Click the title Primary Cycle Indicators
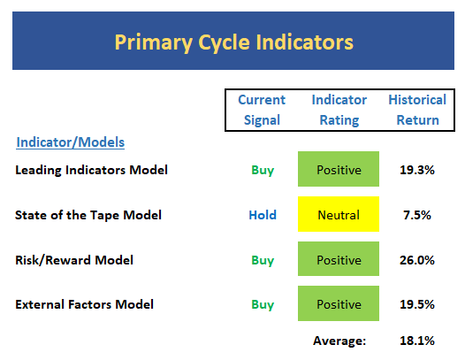(x=234, y=42)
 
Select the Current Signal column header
(x=262, y=110)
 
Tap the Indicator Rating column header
(x=339, y=110)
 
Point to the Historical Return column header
(x=417, y=110)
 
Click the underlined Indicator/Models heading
(x=71, y=142)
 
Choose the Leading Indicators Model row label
(x=91, y=170)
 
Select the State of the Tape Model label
(x=88, y=215)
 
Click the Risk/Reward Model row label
(x=74, y=260)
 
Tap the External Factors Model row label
(x=84, y=304)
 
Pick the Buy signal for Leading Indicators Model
(x=263, y=171)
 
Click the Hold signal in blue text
(x=263, y=215)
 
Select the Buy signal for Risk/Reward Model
(x=263, y=261)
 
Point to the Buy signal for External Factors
(x=263, y=305)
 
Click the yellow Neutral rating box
(x=339, y=214)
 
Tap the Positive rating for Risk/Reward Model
(x=339, y=259)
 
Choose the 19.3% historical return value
(x=417, y=170)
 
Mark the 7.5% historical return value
(x=417, y=215)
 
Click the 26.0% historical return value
(x=417, y=260)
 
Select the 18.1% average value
(x=417, y=341)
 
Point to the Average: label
(x=339, y=341)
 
